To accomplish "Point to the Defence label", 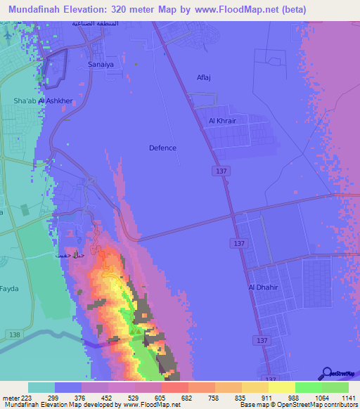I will point(163,148).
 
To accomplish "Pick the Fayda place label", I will point(9,288).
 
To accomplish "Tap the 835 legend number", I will point(242,398).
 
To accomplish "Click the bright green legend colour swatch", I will point(308,387).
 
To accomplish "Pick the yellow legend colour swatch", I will point(281,387).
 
